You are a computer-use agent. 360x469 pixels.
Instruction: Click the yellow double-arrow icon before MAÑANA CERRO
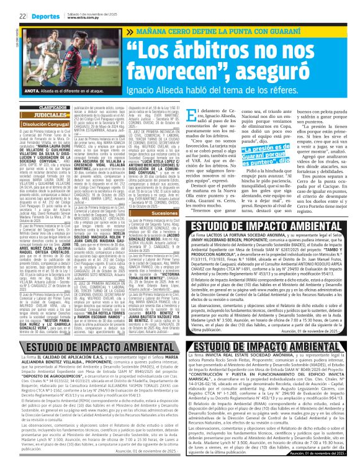coord(130,30)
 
